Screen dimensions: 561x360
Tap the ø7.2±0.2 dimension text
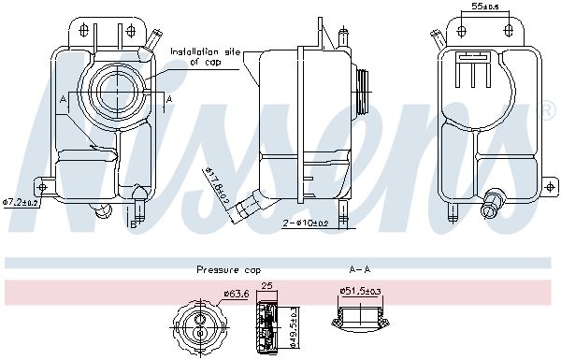coord(21,202)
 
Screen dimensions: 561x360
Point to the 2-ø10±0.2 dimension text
coord(306,223)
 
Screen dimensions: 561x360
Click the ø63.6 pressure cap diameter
coord(237,295)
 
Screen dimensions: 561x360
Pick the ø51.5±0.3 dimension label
coord(360,292)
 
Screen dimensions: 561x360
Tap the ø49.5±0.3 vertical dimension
coord(295,327)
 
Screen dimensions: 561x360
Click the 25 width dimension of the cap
coord(267,285)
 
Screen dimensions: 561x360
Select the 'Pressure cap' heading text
coord(229,270)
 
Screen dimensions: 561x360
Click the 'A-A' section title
coord(360,269)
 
